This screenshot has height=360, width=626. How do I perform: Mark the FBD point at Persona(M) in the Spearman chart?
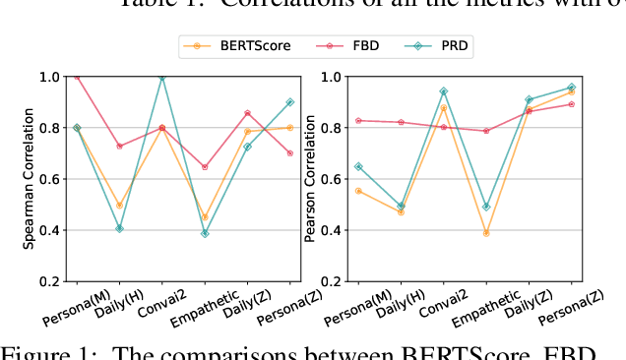point(77,77)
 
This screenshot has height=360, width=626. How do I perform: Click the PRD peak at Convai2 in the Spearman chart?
point(162,77)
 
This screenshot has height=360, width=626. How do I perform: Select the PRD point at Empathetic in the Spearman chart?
point(205,234)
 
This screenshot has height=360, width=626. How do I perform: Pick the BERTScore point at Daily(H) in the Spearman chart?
point(119,206)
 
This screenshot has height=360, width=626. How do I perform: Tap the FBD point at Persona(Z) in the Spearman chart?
point(289,153)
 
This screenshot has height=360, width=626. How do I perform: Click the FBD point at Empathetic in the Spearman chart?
point(205,167)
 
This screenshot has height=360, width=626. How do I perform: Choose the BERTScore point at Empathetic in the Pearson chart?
point(486,233)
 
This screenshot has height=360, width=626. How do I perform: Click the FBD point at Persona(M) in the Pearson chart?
point(358,120)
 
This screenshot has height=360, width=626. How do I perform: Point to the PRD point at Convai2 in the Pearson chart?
point(444,91)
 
